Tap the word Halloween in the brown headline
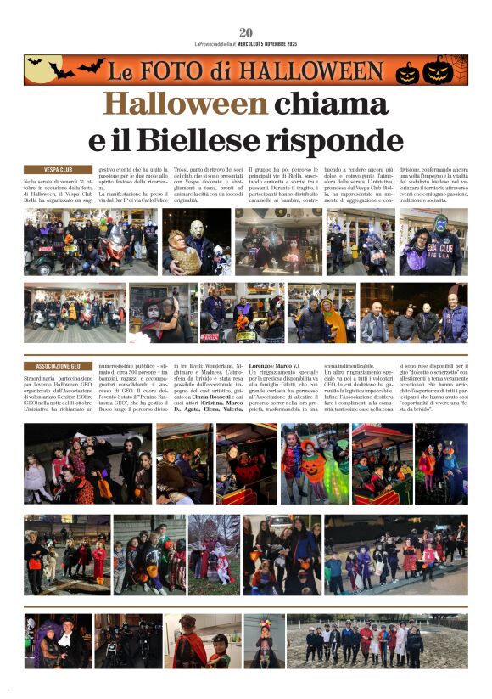[x=185, y=104]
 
